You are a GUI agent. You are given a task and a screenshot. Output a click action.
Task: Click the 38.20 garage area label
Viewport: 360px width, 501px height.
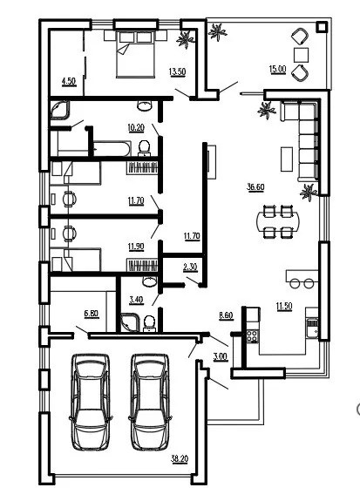pyautogui.click(x=180, y=459)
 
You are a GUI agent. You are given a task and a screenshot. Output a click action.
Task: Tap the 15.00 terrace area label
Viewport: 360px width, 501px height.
pyautogui.click(x=277, y=69)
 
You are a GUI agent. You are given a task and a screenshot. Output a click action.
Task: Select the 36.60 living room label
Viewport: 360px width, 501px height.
pyautogui.click(x=255, y=187)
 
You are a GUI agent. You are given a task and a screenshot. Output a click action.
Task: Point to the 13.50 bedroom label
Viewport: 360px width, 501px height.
pyautogui.click(x=177, y=71)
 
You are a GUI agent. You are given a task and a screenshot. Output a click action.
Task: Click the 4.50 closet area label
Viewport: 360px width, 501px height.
pyautogui.click(x=69, y=82)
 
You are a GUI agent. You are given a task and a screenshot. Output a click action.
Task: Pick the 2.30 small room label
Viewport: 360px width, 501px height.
pyautogui.click(x=190, y=267)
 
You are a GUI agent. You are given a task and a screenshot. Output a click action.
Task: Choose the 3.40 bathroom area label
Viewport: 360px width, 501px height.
pyautogui.click(x=136, y=300)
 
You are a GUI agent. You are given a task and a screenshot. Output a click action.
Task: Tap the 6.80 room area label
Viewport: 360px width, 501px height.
pyautogui.click(x=92, y=314)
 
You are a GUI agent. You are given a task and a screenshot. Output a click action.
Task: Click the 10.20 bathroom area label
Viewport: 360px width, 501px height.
pyautogui.click(x=136, y=127)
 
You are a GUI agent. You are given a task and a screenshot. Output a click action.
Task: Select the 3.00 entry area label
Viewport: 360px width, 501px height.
pyautogui.click(x=221, y=356)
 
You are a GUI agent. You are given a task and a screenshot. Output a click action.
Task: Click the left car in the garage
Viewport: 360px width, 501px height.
pyautogui.click(x=91, y=402)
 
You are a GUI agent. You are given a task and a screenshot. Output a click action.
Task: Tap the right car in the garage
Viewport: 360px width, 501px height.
pyautogui.click(x=150, y=402)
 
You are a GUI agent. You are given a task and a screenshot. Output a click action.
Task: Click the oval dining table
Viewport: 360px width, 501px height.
pyautogui.click(x=278, y=221)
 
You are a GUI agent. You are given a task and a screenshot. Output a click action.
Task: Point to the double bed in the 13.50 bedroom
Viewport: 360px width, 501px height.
pyautogui.click(x=136, y=54)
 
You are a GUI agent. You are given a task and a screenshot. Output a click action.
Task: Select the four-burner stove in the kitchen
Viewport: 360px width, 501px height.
pyautogui.click(x=252, y=336)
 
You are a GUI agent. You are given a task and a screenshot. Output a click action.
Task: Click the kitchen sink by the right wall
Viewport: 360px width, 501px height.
pyautogui.click(x=312, y=327)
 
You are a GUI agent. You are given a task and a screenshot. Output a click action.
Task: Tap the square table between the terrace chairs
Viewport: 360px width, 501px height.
pyautogui.click(x=302, y=55)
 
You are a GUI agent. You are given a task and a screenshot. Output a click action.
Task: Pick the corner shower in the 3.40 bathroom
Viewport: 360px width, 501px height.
pyautogui.click(x=131, y=323)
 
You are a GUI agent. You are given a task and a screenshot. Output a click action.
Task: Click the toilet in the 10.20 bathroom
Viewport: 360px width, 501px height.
pyautogui.click(x=144, y=148)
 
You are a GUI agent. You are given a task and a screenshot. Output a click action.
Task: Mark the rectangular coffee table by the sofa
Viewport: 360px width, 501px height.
pyautogui.click(x=287, y=159)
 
